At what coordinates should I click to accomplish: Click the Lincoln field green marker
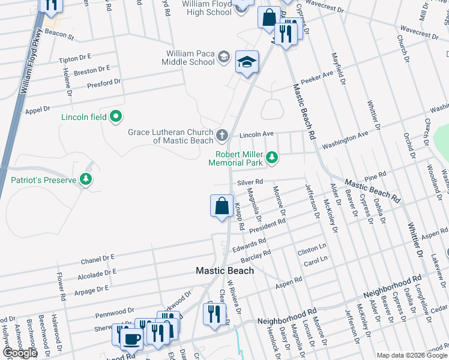pos(116,117)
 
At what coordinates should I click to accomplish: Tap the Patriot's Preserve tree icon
pos(86,179)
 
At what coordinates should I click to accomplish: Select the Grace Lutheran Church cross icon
pos(221,134)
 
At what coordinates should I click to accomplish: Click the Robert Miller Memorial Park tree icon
pos(272,157)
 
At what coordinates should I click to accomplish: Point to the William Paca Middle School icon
pos(223,57)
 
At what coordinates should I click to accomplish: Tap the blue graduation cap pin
pos(247,63)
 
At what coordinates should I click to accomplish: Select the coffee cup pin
pos(131,337)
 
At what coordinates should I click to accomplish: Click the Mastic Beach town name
pos(224,271)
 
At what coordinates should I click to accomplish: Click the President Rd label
pos(268,225)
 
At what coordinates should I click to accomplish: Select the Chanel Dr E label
pos(98,260)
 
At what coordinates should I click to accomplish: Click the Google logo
pos(20,352)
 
